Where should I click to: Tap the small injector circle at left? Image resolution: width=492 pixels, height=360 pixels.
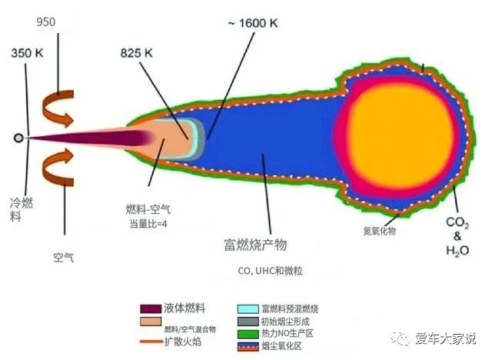pyautogui.click(x=18, y=138)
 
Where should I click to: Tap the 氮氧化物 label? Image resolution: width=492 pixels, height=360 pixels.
pyautogui.click(x=380, y=230)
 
